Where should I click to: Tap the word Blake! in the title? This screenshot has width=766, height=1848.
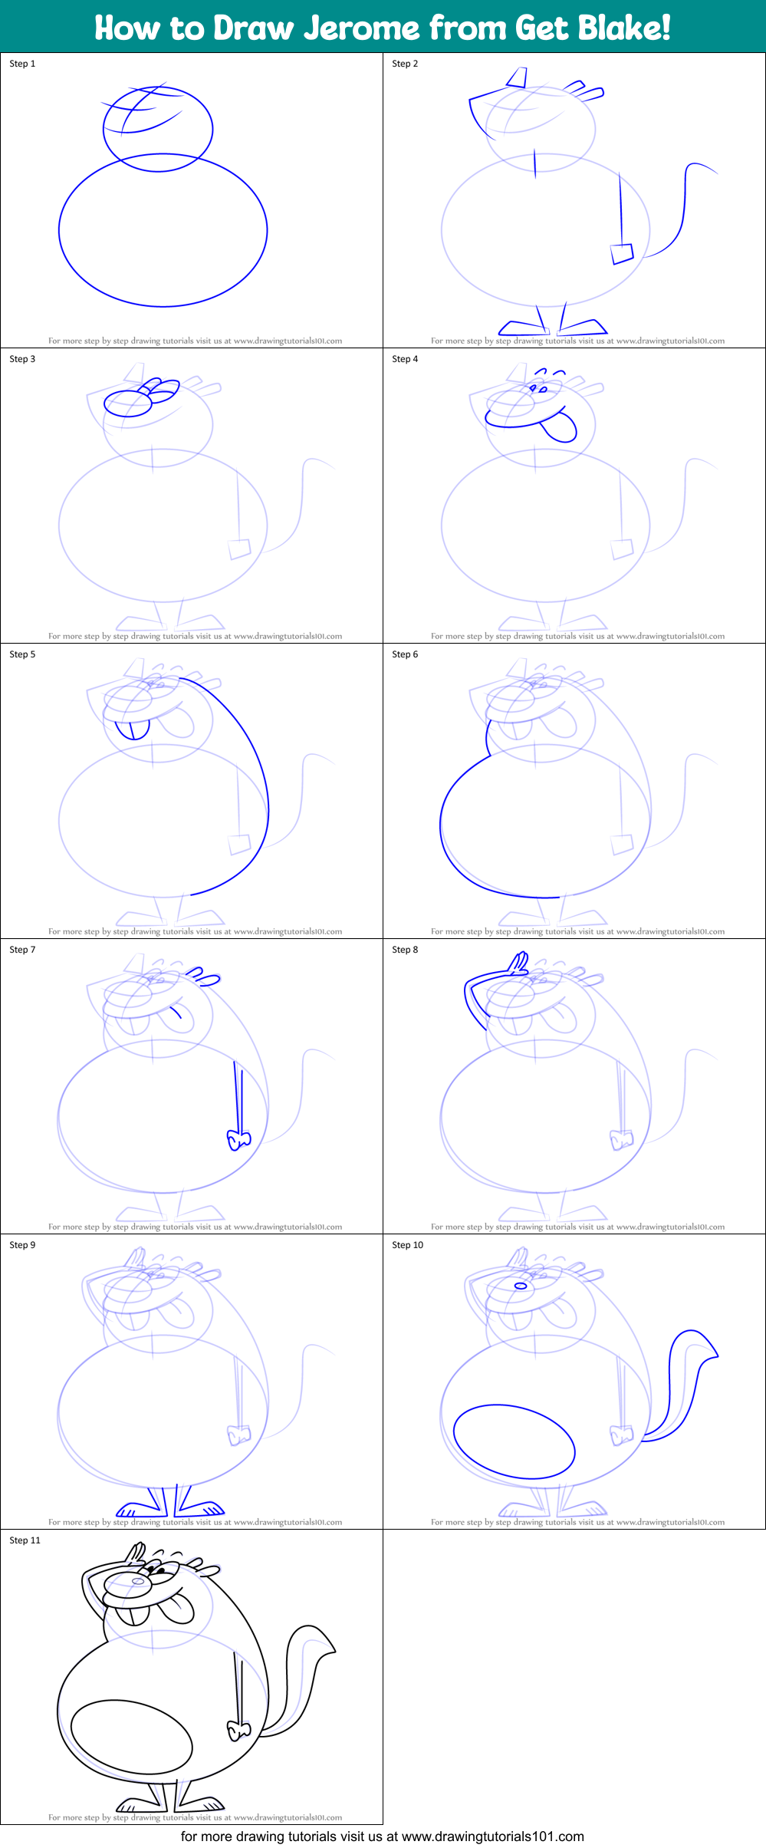[x=624, y=28]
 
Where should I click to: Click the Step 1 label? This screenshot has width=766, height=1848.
[x=22, y=64]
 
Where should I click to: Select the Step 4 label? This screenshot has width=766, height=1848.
[x=405, y=359]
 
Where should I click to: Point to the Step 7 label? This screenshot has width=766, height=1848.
[x=22, y=950]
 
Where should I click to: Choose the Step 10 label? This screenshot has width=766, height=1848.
[x=407, y=1245]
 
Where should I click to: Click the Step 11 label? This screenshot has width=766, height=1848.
[x=25, y=1540]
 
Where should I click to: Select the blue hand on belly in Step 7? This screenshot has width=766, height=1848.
[x=238, y=1141]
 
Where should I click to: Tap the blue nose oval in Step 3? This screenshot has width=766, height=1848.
[x=127, y=404]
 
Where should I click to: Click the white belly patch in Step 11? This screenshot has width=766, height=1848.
[x=131, y=1737]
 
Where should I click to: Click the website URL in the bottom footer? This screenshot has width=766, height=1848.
[x=492, y=1836]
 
